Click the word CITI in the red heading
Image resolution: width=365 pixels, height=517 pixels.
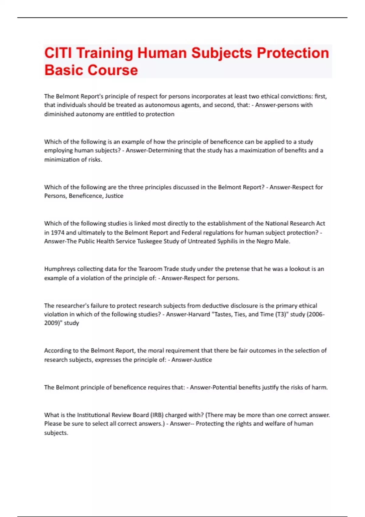58,53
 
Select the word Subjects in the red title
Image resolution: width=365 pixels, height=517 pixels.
222,53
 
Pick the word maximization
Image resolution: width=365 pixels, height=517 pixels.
257,150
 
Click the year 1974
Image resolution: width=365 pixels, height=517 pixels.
57,232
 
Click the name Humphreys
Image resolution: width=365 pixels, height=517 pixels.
60,269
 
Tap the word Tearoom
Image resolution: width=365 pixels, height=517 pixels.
150,269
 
